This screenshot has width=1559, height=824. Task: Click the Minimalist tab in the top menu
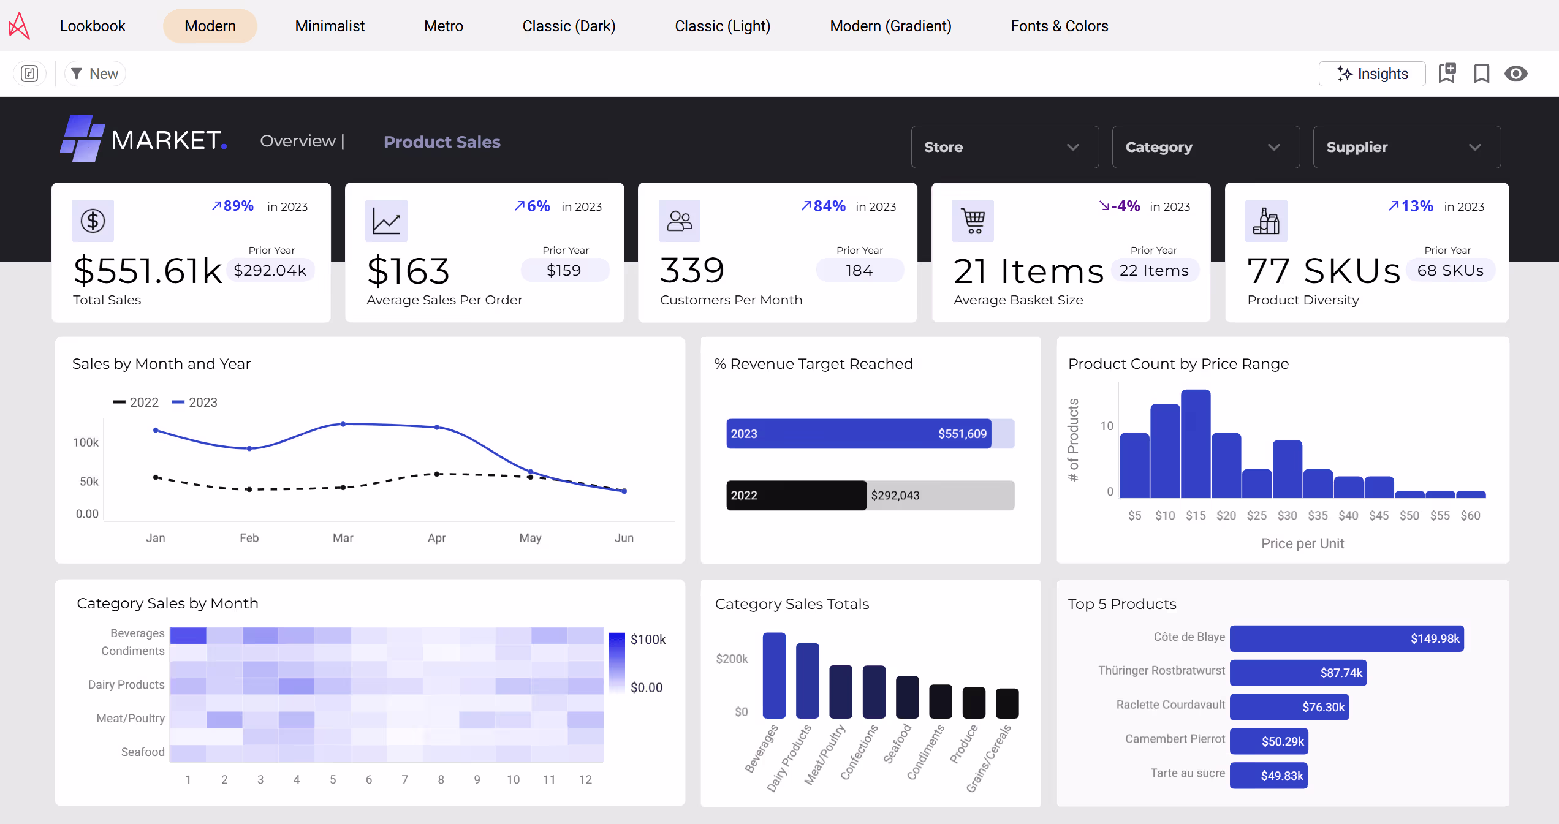pyautogui.click(x=330, y=26)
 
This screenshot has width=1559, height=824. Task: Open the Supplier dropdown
pyautogui.click(x=1406, y=147)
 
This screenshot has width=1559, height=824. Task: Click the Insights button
pyautogui.click(x=1372, y=74)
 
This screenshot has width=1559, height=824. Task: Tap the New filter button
pyautogui.click(x=95, y=74)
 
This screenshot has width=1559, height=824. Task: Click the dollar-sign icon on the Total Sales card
pyautogui.click(x=93, y=221)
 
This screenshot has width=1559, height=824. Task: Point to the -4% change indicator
pyautogui.click(x=1119, y=206)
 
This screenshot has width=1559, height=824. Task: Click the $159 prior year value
pyautogui.click(x=564, y=270)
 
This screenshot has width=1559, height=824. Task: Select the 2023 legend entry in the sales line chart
pyautogui.click(x=195, y=402)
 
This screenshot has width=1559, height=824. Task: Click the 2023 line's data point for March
pyautogui.click(x=343, y=424)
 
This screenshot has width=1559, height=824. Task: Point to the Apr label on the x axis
pyautogui.click(x=436, y=538)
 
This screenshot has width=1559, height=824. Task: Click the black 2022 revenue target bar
pyautogui.click(x=795, y=495)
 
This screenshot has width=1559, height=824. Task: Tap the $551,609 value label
pyautogui.click(x=962, y=434)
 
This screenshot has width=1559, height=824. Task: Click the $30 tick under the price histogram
pyautogui.click(x=1287, y=515)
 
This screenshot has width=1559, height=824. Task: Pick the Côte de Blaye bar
pyautogui.click(x=1346, y=638)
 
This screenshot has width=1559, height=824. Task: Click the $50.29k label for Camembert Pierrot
pyautogui.click(x=1282, y=741)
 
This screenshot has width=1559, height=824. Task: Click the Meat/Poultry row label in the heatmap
pyautogui.click(x=130, y=718)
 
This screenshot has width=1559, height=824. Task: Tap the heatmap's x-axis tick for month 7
pyautogui.click(x=404, y=779)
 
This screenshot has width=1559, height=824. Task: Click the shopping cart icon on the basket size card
pyautogui.click(x=973, y=221)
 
